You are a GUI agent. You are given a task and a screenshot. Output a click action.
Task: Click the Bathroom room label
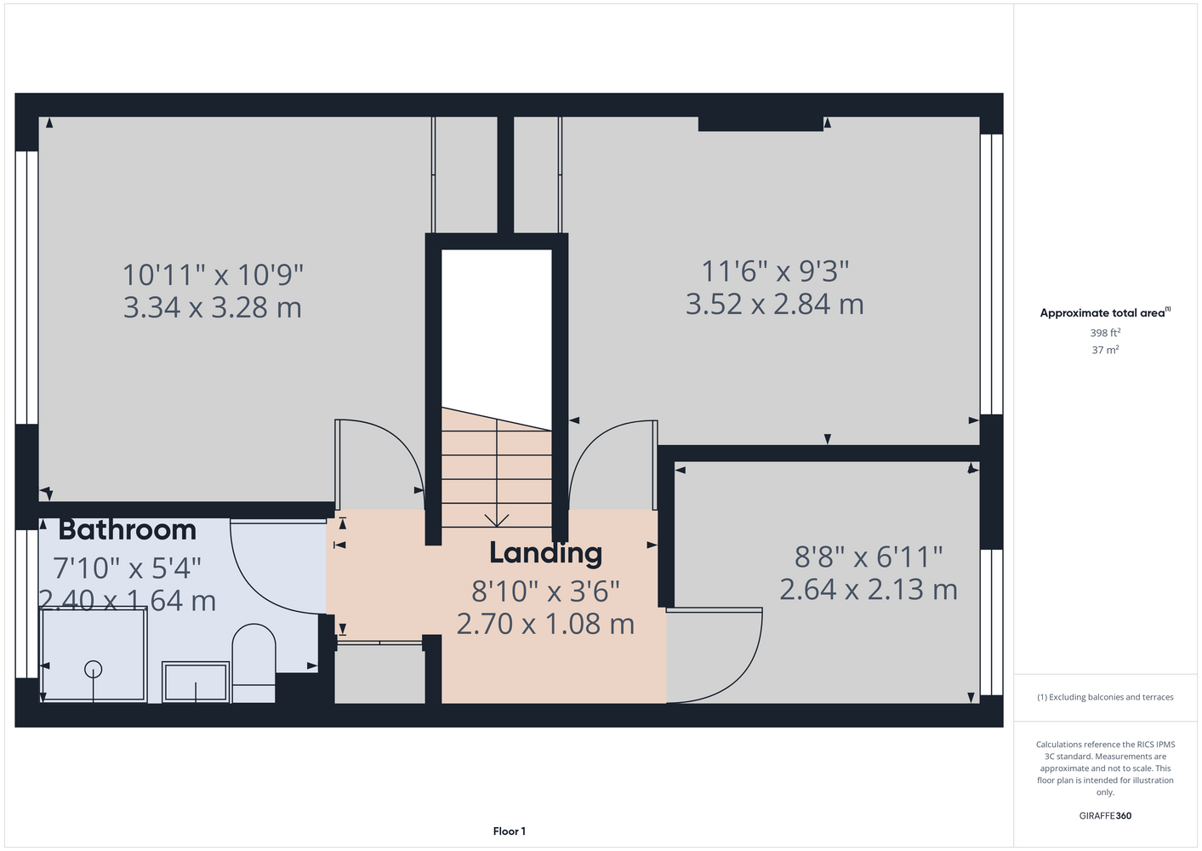(x=128, y=530)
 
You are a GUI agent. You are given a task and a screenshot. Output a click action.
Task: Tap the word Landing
(x=546, y=553)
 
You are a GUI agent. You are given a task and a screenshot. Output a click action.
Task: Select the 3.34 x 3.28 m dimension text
(x=213, y=308)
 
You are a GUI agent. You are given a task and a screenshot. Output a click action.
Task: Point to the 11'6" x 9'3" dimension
(x=775, y=271)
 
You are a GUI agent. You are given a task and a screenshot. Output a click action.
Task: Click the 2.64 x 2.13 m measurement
(x=869, y=590)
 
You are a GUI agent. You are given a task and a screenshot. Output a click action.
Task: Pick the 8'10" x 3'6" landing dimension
(x=546, y=591)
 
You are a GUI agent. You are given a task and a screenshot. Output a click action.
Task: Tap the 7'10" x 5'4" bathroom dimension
(x=128, y=568)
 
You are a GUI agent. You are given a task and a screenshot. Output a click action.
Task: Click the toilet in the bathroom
(x=254, y=663)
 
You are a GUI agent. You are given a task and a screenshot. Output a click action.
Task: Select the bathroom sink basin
(x=196, y=682)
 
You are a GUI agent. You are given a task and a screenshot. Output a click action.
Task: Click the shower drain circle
(x=94, y=670)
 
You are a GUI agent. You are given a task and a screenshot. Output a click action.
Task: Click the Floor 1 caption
(x=510, y=831)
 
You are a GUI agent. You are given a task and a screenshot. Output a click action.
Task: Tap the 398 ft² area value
(x=1105, y=333)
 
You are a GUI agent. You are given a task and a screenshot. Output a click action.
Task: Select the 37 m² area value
(x=1105, y=350)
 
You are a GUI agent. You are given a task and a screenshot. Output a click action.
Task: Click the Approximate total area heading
(x=1105, y=313)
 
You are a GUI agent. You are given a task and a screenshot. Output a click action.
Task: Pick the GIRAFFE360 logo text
(x=1105, y=815)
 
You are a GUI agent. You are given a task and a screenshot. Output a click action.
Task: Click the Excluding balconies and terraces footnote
(x=1105, y=697)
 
